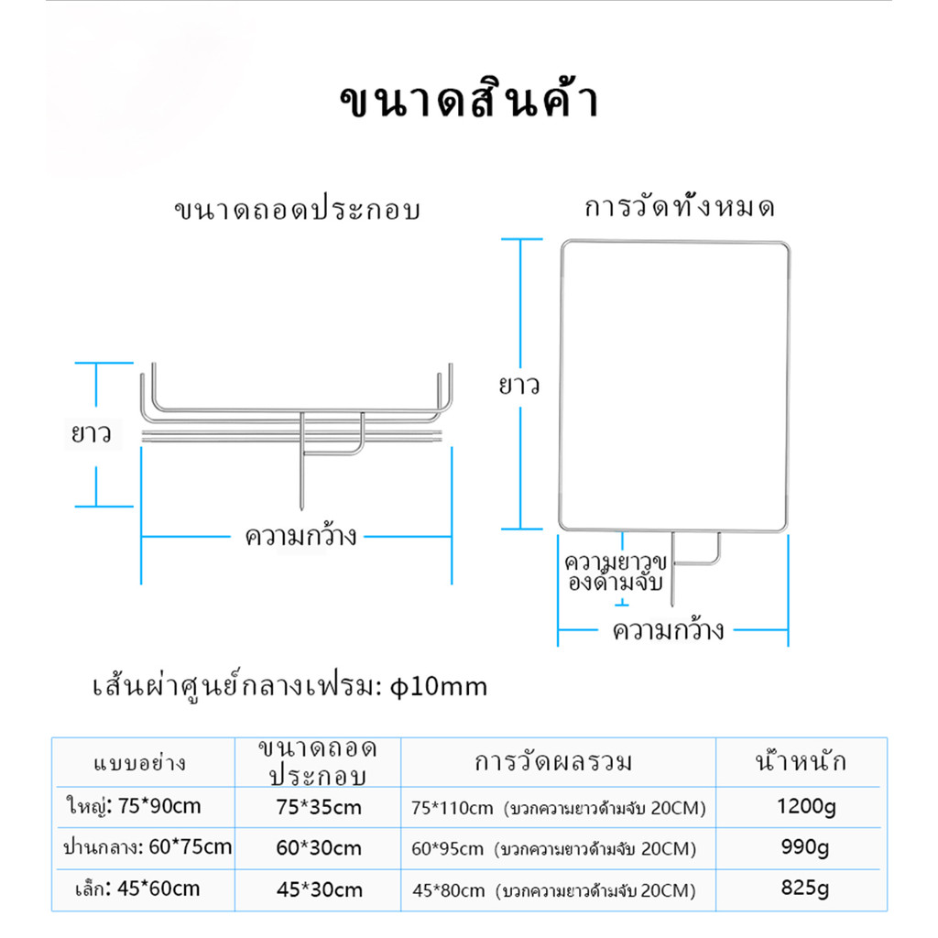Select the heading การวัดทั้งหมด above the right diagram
(680, 206)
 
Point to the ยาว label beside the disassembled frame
(92, 433)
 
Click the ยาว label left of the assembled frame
(519, 386)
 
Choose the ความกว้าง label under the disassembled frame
(300, 536)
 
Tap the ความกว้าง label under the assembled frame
(668, 629)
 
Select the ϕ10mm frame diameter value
(439, 686)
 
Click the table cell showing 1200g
(806, 807)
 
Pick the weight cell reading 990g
(805, 847)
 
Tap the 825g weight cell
(805, 889)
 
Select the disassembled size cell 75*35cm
(319, 808)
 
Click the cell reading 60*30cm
(319, 848)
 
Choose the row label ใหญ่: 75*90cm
(134, 806)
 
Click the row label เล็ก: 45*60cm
(137, 889)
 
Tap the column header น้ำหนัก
(801, 761)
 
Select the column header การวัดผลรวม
(553, 762)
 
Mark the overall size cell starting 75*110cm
(559, 808)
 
